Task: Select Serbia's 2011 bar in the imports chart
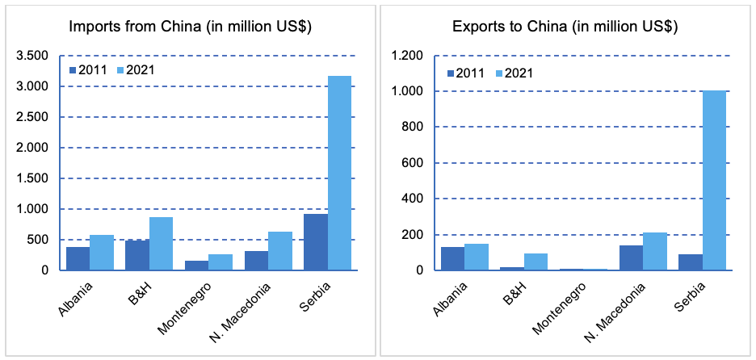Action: [316, 241]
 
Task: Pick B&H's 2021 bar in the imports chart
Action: [161, 243]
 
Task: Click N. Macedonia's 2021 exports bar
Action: [655, 251]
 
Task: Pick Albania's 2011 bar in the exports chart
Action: [453, 258]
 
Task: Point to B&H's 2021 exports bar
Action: [535, 262]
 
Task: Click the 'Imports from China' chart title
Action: [191, 27]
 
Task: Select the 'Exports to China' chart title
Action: [565, 27]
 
